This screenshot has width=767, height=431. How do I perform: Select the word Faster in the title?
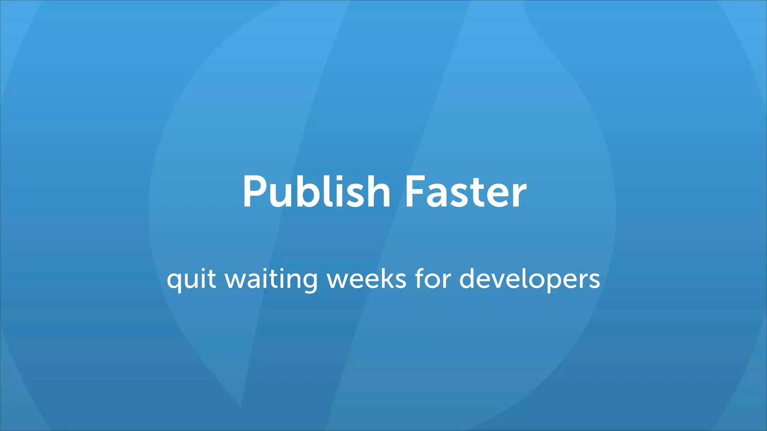466,192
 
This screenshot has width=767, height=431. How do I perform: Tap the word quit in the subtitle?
191,279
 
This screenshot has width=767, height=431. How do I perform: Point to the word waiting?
271,279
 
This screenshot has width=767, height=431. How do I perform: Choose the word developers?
530,279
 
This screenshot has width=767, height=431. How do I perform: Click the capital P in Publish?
255,192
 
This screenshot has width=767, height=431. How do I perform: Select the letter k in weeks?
387,279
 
